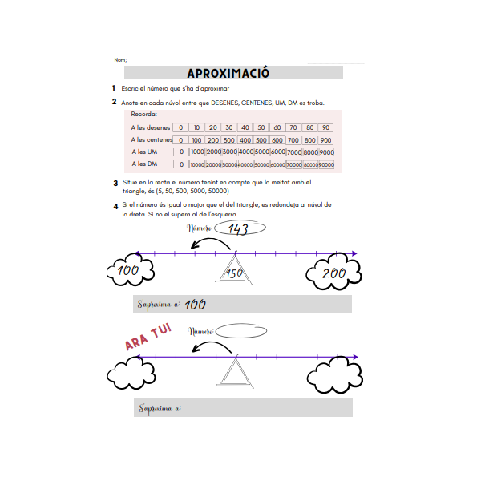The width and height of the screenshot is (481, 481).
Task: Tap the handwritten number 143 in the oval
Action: coord(238,229)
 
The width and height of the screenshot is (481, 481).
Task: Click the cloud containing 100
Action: coord(129,273)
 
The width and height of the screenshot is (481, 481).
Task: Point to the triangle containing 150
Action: coord(235,272)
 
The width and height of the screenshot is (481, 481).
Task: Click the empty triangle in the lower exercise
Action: coord(235,373)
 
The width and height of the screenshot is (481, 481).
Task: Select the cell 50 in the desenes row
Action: coord(261,127)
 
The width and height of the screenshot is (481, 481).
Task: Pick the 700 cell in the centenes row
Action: coord(293,140)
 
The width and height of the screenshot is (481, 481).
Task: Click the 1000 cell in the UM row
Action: coord(198,152)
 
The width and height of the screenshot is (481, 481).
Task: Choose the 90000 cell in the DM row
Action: coord(326,165)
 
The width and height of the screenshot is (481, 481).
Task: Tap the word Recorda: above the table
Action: coord(143,115)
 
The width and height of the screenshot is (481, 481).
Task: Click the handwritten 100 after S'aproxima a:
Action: coord(195,305)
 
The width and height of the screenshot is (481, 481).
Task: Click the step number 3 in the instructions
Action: coord(115,183)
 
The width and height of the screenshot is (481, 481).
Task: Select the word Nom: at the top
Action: coord(120,60)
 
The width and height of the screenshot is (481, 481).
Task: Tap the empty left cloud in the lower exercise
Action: coord(131,371)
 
